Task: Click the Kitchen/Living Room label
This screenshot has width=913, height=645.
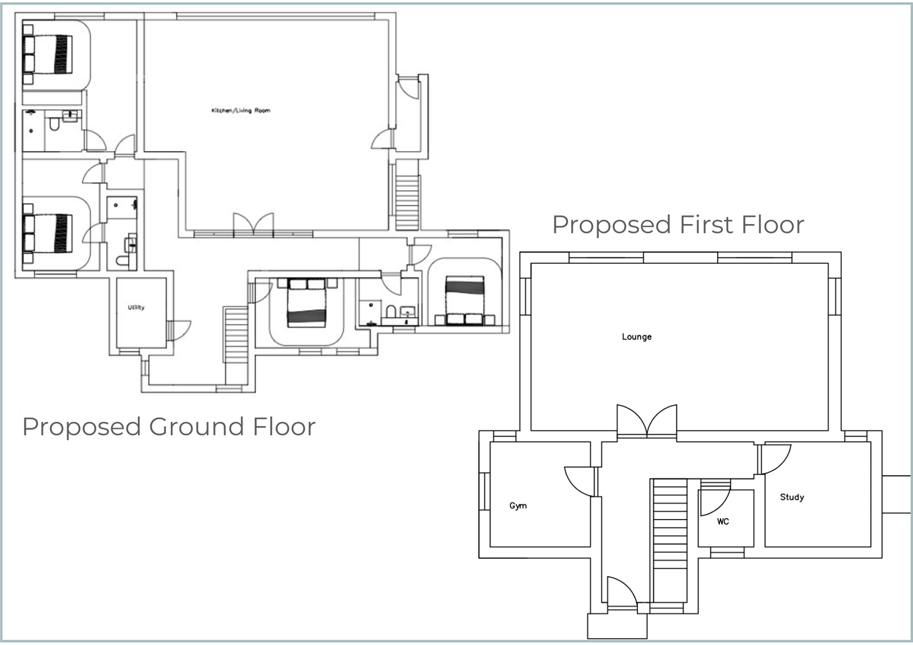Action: tap(240, 110)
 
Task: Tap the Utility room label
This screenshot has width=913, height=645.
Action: tap(136, 308)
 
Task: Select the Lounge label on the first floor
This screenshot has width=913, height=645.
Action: tap(636, 337)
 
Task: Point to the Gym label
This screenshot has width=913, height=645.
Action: tap(518, 506)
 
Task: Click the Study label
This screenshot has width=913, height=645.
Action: tap(792, 497)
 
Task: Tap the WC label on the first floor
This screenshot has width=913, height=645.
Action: tap(723, 521)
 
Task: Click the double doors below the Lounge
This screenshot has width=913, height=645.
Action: tap(647, 420)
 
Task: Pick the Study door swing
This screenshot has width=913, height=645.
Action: tap(776, 458)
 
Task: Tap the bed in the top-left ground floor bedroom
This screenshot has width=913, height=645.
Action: tap(48, 54)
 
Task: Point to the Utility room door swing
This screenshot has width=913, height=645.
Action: tap(179, 330)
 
